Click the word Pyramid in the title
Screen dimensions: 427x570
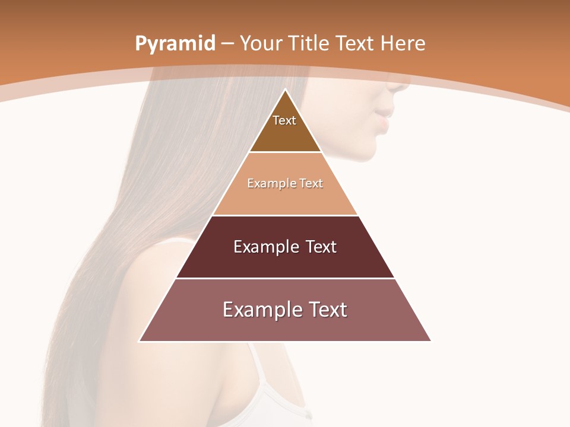click(175, 43)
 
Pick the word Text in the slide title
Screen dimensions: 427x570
click(356, 43)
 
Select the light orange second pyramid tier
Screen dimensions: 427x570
click(285, 199)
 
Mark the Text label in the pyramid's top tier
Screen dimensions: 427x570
click(284, 120)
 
